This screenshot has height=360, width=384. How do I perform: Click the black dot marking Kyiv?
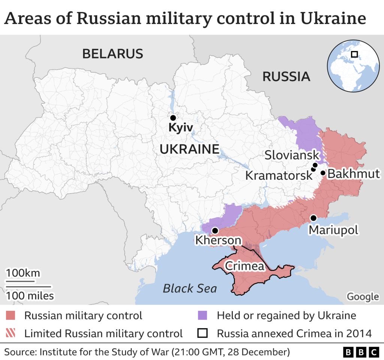173,118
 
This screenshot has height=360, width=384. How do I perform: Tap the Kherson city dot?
215,230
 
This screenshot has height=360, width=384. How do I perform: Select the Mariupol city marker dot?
313,218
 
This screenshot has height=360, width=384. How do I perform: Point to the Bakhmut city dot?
323,173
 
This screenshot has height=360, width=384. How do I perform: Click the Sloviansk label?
292,155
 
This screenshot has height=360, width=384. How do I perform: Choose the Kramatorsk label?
278,175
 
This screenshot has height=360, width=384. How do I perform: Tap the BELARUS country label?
112,54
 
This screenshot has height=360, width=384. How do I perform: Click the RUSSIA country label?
286,76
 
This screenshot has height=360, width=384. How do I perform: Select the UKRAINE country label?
189,149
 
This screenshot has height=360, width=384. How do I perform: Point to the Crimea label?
244,266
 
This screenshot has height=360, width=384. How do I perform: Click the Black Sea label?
190,288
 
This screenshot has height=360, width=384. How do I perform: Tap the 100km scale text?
23,273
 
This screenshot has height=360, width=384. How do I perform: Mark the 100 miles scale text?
30,296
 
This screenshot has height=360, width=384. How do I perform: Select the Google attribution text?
362,297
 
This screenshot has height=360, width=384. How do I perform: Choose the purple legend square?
202,315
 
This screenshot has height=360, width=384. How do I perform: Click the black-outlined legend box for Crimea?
202,333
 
